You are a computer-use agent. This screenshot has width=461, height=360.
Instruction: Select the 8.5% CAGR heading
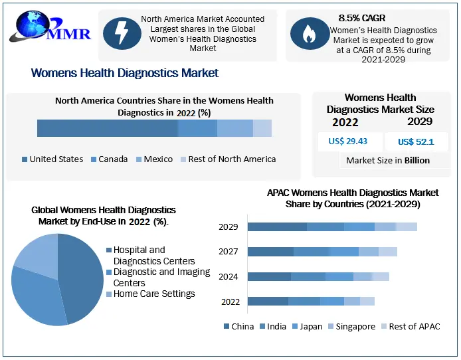coord(361,18)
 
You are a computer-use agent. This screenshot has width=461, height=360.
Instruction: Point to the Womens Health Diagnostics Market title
coord(125,73)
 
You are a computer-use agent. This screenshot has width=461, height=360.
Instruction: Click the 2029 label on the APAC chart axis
coord(229,226)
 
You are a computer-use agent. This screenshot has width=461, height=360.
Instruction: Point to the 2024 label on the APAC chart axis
coord(229,276)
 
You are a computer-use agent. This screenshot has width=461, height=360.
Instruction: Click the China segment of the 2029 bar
coord(277,226)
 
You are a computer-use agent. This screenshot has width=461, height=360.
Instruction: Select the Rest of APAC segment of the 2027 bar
coord(388,252)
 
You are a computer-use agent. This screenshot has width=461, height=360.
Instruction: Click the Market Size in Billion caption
coord(388,160)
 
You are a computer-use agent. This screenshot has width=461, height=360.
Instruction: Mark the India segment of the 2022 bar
coord(304,302)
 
